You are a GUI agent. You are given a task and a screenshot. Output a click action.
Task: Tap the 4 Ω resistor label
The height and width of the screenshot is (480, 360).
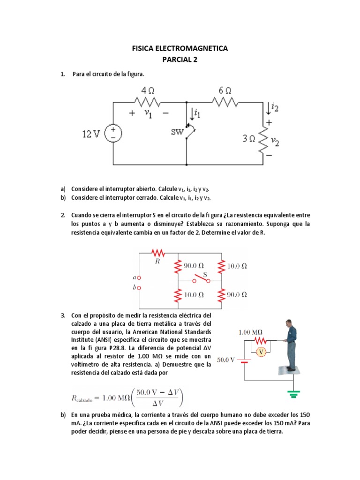coord(147,90)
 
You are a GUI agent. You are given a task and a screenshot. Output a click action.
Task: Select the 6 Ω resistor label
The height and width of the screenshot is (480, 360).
coord(225,90)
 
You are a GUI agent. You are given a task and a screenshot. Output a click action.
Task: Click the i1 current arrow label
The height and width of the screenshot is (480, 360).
coord(197,113)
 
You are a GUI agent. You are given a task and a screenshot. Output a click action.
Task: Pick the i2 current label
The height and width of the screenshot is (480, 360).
coord(274,108)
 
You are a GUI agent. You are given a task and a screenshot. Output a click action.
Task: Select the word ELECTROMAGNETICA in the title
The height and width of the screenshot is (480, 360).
coord(193,48)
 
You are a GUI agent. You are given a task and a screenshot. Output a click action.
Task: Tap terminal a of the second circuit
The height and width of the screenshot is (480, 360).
coord(138,278)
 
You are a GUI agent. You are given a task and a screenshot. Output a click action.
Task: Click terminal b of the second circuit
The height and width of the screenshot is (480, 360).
coord(138,288)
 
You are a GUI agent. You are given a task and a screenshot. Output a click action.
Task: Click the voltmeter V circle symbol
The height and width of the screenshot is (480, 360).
coord(262,351)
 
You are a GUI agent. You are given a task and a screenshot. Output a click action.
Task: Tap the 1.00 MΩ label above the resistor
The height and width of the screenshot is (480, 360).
coord(251,332)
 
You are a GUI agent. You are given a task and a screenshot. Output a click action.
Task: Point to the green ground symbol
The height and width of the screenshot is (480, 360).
coord(294,395)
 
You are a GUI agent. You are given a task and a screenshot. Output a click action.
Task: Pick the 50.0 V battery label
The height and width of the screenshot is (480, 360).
coord(228,360)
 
